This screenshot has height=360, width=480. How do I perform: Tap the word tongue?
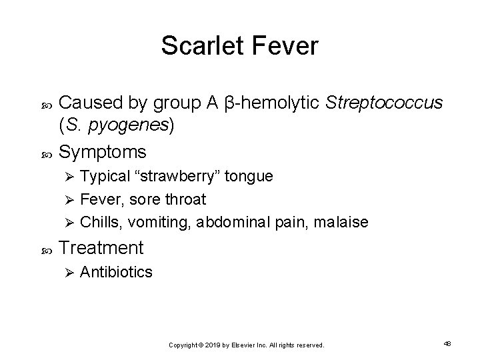(x=249, y=177)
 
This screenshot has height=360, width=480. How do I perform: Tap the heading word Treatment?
(x=101, y=249)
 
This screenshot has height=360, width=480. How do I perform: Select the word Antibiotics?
(x=116, y=273)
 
